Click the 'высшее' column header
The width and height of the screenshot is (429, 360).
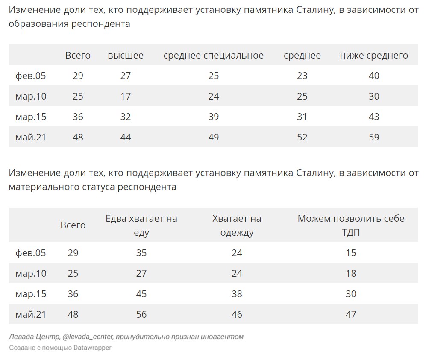(x=126, y=55)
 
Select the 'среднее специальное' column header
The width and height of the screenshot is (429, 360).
(x=213, y=56)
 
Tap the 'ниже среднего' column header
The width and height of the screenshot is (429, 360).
(x=374, y=56)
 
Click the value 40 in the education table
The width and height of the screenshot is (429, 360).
(x=374, y=76)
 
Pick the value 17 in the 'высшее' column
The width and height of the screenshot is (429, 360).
(x=126, y=96)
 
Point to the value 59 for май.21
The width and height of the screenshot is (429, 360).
(x=374, y=137)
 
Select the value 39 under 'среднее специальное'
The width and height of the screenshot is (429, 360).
(x=213, y=117)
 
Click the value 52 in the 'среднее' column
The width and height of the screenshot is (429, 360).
(x=303, y=137)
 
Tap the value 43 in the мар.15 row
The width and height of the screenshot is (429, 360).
(x=374, y=117)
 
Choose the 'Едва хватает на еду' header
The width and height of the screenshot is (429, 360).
(x=141, y=225)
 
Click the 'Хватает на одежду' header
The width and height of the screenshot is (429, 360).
(x=237, y=225)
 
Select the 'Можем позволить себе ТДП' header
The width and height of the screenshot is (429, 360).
(x=351, y=225)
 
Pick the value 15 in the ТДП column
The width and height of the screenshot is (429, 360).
(x=351, y=253)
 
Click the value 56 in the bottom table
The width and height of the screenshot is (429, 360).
(x=141, y=314)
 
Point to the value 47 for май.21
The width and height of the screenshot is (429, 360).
(x=351, y=314)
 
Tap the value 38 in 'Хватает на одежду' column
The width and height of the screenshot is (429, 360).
(x=237, y=294)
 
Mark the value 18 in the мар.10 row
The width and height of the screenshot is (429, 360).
(x=351, y=273)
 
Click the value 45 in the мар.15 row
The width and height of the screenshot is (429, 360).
(x=141, y=294)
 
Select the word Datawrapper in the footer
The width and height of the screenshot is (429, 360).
(x=92, y=348)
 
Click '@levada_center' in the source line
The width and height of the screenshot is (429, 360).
(x=88, y=337)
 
